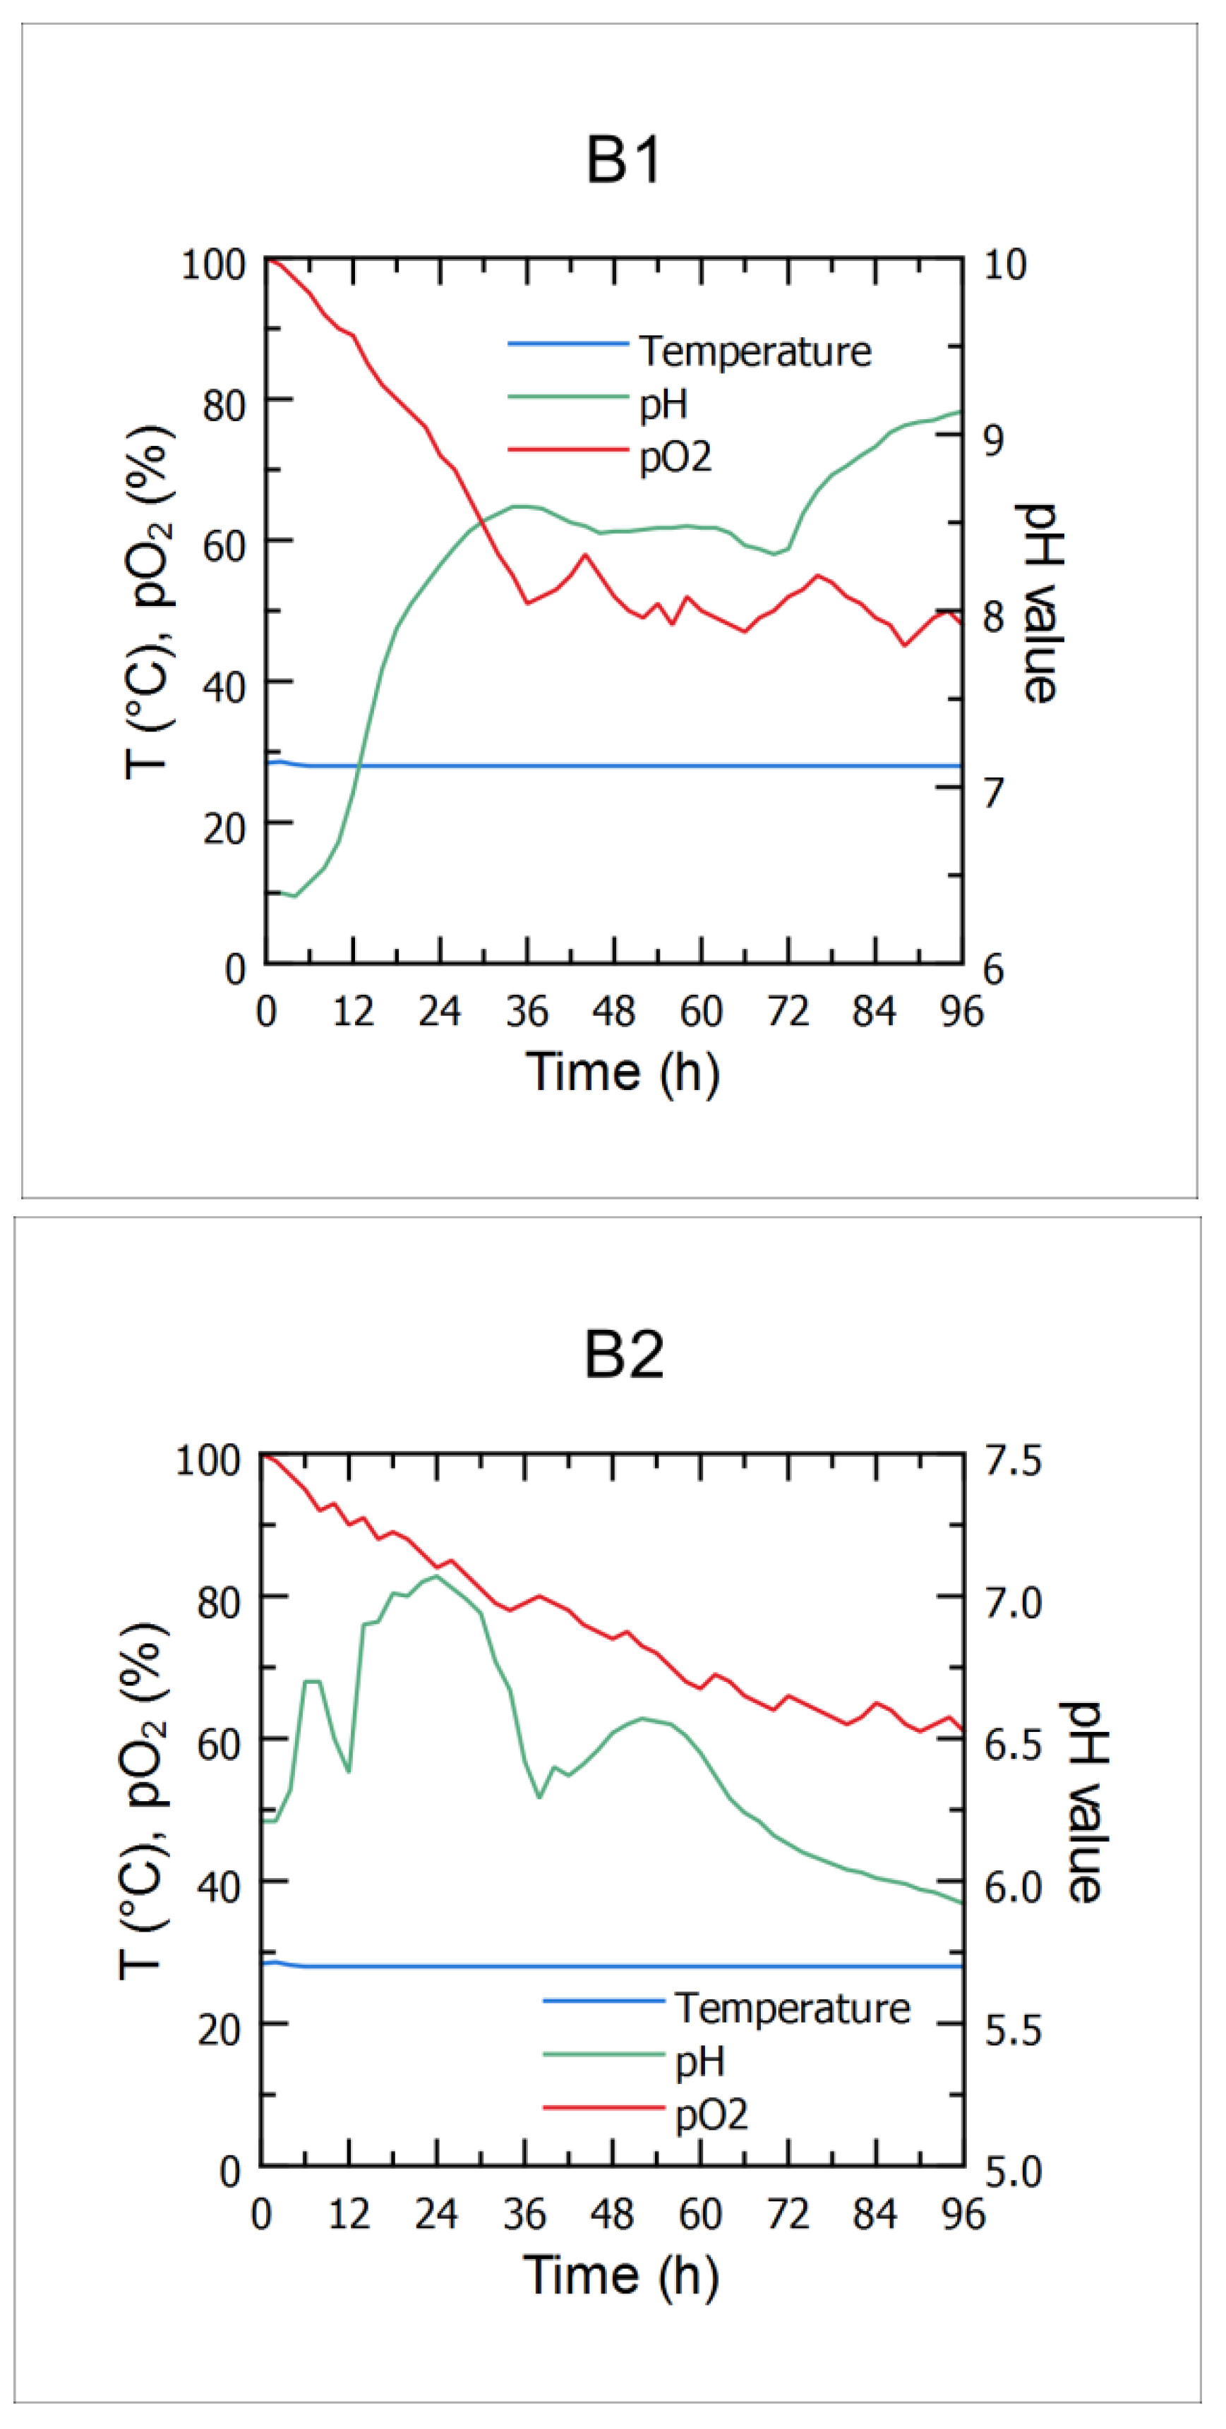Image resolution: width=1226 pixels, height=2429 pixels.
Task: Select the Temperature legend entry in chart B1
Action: (x=755, y=351)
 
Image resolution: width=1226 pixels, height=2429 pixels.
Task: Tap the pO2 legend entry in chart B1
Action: (x=675, y=457)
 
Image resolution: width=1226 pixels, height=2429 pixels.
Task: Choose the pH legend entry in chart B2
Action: (x=699, y=2062)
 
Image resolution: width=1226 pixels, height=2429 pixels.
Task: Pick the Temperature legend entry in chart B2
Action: (x=792, y=2008)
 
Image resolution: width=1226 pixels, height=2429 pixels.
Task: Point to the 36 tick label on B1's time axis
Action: (x=527, y=1012)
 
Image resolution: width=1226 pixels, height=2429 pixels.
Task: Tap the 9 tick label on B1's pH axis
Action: (x=993, y=440)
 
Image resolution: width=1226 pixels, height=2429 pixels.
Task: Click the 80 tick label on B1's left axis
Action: (x=224, y=406)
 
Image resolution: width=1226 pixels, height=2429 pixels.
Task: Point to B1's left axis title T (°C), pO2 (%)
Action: (x=149, y=603)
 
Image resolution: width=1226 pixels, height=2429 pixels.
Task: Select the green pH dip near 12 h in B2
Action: (x=349, y=1770)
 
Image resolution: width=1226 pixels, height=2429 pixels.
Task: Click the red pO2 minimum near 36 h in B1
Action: (x=528, y=602)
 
